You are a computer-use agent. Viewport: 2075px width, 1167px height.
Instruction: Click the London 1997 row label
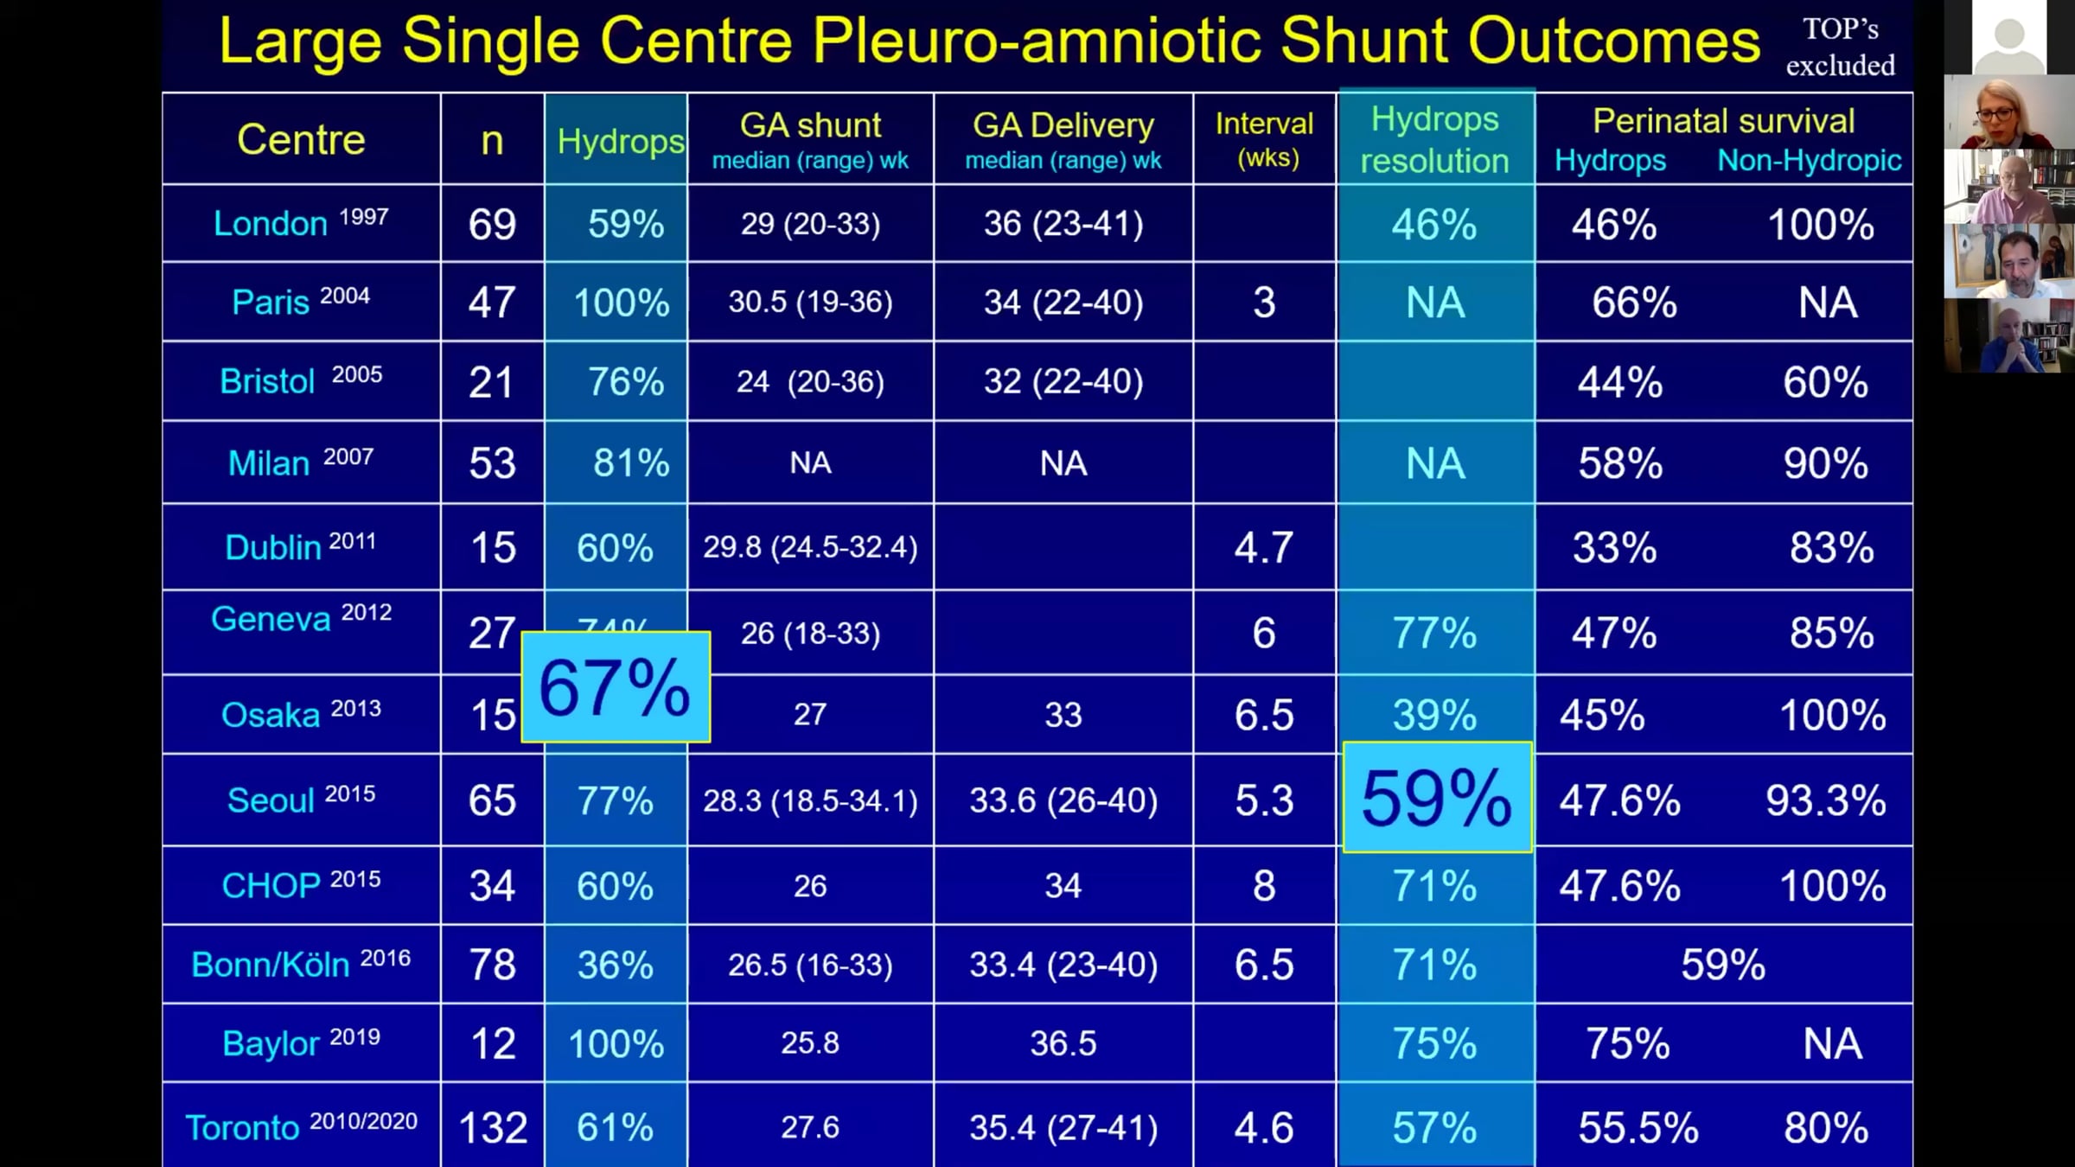coord(301,223)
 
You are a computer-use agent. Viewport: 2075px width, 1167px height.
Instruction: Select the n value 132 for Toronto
coord(493,1128)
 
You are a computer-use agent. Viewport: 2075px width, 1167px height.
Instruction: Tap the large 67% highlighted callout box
coord(616,687)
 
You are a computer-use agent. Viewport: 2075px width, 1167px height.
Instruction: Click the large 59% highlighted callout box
coord(1437,797)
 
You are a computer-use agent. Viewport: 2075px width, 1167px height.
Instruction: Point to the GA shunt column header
coord(810,139)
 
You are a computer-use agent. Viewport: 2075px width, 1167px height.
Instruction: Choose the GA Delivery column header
coord(1063,139)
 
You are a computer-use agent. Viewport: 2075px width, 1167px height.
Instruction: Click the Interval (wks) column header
coord(1264,139)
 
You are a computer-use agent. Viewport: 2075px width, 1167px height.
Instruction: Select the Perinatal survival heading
coord(1723,121)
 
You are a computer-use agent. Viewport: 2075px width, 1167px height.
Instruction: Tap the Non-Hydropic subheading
coord(1810,161)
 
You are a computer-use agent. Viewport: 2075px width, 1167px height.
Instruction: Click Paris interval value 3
coord(1264,303)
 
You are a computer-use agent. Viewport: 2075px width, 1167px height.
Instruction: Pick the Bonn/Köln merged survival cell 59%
coord(1723,965)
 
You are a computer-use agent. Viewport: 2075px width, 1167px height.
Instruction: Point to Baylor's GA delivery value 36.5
coord(1063,1043)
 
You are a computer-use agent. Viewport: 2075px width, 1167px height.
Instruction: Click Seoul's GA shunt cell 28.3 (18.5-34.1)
coord(810,801)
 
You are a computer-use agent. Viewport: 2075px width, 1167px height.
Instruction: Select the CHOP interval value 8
coord(1264,886)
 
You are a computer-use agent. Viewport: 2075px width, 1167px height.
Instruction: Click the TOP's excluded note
coord(1841,47)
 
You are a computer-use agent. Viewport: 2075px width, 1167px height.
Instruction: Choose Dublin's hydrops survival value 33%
coord(1614,548)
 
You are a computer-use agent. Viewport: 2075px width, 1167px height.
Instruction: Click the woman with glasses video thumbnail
coord(2008,112)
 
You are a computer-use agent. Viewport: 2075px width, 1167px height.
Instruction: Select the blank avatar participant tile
coord(2008,37)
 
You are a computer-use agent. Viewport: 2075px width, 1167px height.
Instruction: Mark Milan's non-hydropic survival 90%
coord(1825,464)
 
